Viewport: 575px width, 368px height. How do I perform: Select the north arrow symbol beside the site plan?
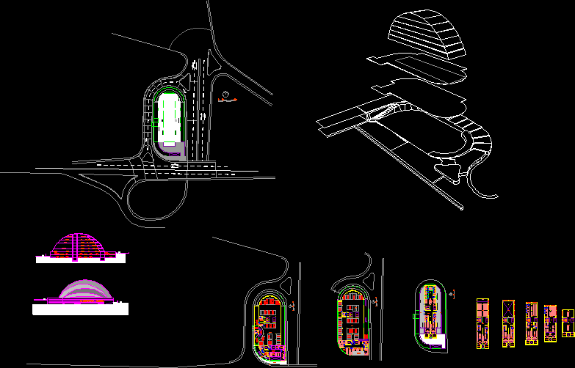pyautogui.click(x=225, y=94)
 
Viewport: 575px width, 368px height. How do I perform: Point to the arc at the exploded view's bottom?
pyautogui.click(x=481, y=183)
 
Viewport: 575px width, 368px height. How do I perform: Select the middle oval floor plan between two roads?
pyautogui.click(x=352, y=320)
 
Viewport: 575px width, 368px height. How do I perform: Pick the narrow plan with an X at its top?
pyautogui.click(x=507, y=323)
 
